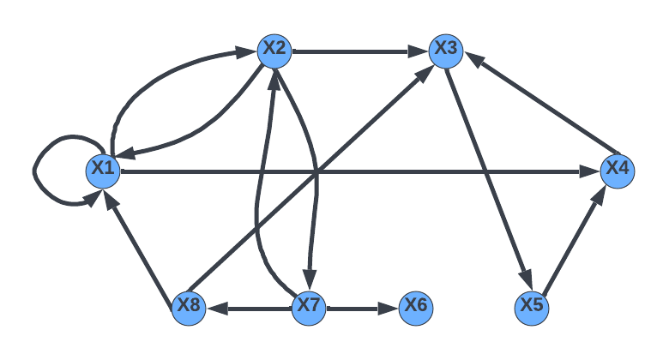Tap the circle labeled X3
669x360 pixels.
[x=446, y=51]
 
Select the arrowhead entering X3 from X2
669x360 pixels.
[x=420, y=51]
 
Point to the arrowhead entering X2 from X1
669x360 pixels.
[x=250, y=53]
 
